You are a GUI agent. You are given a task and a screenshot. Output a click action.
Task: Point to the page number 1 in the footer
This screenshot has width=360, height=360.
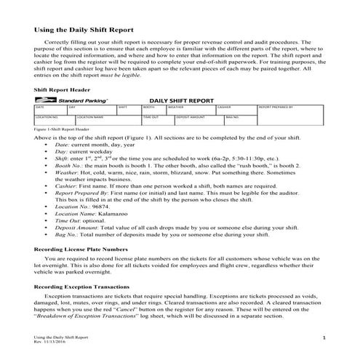point(323,339)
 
